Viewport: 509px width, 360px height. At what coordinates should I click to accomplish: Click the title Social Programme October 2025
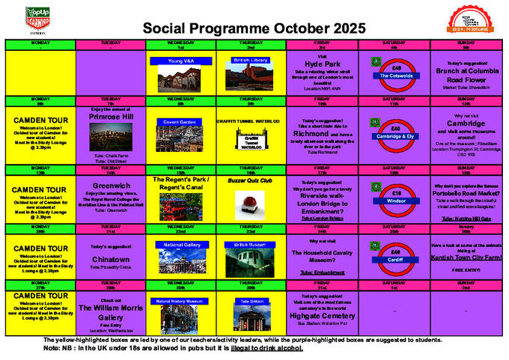(254, 28)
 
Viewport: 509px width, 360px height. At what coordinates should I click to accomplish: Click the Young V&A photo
(180, 75)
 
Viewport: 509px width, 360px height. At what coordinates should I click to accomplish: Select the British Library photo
(251, 73)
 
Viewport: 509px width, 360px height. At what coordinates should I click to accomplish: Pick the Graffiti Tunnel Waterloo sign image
(251, 140)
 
